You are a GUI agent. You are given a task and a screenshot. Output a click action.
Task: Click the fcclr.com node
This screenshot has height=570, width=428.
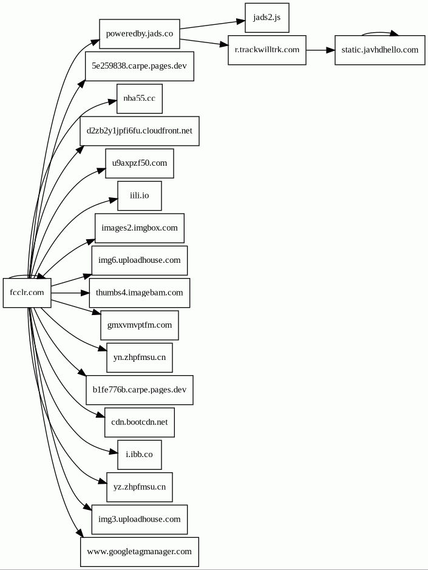[27, 293]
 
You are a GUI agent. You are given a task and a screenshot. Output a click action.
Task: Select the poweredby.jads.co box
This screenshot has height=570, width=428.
[140, 34]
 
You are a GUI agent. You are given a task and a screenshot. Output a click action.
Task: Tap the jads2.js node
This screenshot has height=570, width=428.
[267, 18]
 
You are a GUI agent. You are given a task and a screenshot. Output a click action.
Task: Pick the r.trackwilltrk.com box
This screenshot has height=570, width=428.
[267, 50]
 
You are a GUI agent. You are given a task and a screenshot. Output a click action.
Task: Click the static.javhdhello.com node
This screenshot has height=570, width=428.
[379, 50]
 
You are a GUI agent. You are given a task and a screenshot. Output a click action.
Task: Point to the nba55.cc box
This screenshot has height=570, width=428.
[139, 98]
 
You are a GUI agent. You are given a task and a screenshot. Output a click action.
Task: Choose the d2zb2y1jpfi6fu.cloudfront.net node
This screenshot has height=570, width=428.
[140, 131]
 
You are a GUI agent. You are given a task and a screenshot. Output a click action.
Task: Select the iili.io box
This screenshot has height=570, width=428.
[139, 195]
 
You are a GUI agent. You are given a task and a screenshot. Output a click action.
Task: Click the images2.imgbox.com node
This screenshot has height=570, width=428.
[139, 228]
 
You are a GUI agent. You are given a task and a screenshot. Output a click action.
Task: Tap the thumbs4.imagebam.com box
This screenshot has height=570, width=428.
[139, 293]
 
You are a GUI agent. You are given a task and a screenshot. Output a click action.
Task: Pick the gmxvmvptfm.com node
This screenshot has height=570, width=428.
[139, 325]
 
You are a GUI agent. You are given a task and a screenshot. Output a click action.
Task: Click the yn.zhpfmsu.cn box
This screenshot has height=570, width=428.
[139, 358]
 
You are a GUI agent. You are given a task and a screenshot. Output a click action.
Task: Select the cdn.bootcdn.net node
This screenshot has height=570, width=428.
[139, 422]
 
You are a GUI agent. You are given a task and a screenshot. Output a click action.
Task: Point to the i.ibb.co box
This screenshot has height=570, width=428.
[139, 455]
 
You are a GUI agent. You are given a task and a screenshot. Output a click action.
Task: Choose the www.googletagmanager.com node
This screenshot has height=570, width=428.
[139, 552]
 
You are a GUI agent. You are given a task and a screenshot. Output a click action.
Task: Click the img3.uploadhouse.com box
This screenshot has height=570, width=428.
[139, 520]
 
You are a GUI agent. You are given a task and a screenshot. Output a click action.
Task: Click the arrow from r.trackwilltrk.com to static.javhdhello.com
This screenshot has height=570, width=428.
[320, 50]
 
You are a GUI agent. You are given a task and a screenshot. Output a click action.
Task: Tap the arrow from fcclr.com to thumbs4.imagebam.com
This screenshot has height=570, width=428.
[70, 293]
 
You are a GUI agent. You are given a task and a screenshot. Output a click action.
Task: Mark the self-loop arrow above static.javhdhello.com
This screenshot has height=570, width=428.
[379, 32]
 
